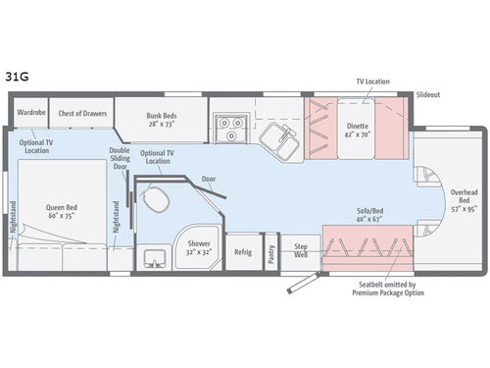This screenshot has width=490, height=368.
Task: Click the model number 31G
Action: point(20,73)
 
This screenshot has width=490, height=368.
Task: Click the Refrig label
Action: point(242,252)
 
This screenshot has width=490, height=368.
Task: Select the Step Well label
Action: point(302,251)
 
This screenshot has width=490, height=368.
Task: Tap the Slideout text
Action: point(427,95)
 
